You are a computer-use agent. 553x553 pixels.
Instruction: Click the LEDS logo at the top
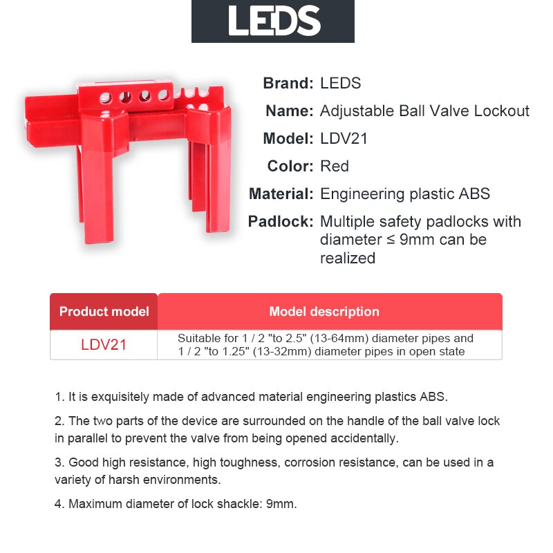[273, 21]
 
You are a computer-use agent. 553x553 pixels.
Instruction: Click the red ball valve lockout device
[131, 152]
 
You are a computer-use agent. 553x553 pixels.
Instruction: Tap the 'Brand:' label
[288, 84]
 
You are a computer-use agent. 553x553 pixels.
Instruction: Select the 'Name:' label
[290, 111]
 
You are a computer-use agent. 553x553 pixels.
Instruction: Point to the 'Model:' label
[288, 139]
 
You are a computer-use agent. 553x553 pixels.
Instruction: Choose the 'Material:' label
[281, 194]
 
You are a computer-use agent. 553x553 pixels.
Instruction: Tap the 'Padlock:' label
[281, 222]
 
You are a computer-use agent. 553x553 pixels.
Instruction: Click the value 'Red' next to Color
[335, 167]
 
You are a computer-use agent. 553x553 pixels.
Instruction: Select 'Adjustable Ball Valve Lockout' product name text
[424, 111]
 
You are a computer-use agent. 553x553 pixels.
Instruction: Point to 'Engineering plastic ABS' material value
[405, 194]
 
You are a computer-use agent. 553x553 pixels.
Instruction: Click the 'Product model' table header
[104, 312]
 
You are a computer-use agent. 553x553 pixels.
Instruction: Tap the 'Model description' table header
[324, 312]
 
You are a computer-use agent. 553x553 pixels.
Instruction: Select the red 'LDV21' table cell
[104, 344]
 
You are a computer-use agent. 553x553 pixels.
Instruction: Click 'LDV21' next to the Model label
[344, 139]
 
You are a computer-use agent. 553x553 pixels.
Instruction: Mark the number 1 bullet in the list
[59, 397]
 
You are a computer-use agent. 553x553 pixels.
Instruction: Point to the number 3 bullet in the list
[59, 462]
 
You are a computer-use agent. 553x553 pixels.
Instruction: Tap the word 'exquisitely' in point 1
[105, 397]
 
